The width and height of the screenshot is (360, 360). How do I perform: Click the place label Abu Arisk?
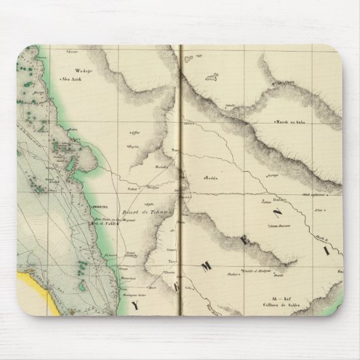71,79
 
